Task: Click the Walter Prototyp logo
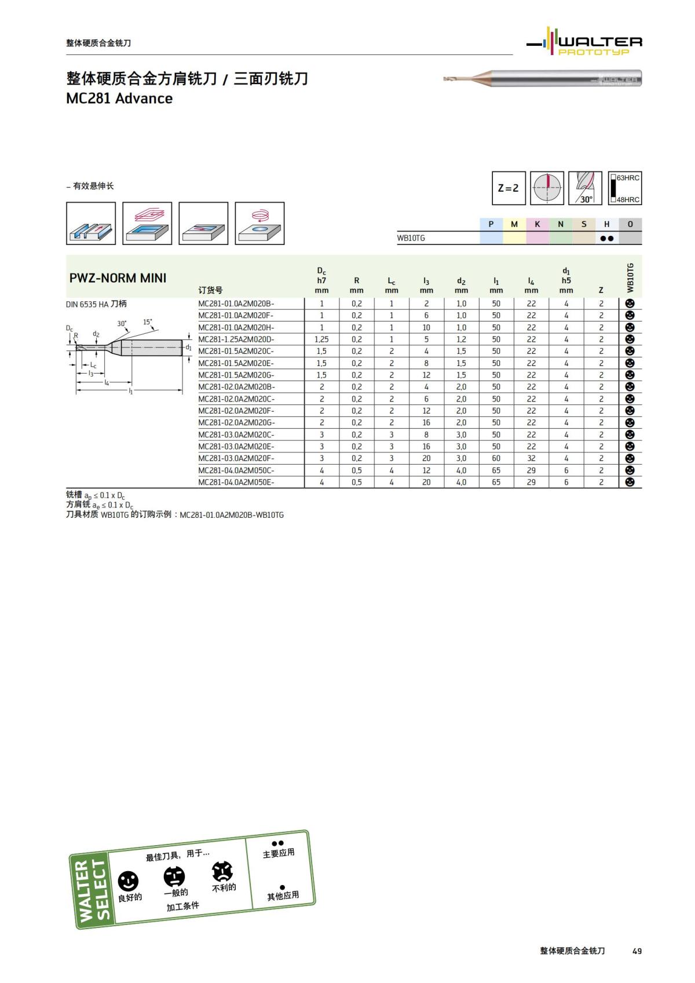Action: pos(585,42)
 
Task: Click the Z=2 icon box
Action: pos(509,188)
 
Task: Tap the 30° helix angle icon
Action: pos(585,188)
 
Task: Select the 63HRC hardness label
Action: pos(628,178)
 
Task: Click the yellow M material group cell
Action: pos(514,224)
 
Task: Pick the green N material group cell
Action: pos(561,224)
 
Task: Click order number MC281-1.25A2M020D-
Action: pos(236,339)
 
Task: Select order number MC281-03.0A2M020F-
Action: pos(236,458)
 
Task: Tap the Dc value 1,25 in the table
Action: pos(321,339)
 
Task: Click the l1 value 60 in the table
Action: pos(496,458)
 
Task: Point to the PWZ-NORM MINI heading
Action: pos(118,278)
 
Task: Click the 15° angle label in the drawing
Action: pos(148,322)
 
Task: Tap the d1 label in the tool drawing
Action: pos(188,348)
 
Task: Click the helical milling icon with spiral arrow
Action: pos(259,223)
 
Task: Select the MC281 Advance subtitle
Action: pos(119,98)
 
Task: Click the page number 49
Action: pos(637,951)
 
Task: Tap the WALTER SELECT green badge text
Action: pos(93,890)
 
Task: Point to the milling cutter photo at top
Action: pos(542,79)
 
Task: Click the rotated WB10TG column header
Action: pos(631,277)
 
